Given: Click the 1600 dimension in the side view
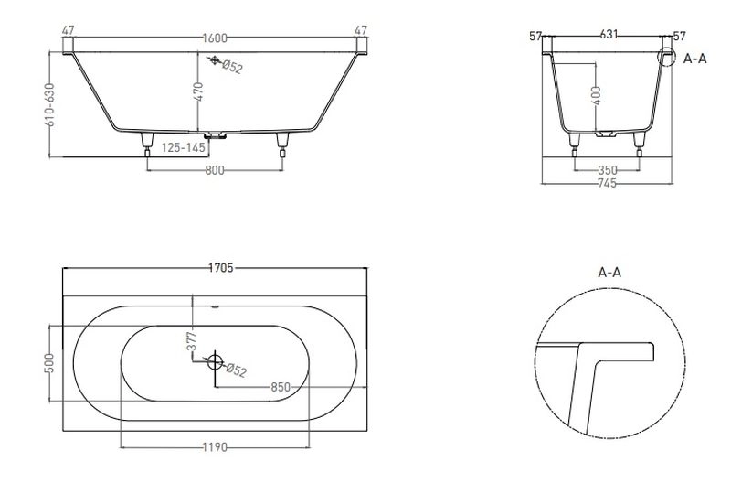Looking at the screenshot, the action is click(x=215, y=38).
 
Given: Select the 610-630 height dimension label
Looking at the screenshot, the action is click(x=50, y=104).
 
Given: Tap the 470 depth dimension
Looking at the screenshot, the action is click(x=198, y=91).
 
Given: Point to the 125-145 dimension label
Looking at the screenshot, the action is click(x=184, y=147).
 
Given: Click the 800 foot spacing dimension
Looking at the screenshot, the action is click(x=215, y=171).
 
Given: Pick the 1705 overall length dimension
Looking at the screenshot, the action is click(x=220, y=268).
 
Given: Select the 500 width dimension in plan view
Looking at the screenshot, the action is click(x=49, y=363).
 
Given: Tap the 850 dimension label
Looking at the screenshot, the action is click(x=281, y=387).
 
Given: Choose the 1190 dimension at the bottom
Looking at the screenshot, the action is click(x=215, y=447).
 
